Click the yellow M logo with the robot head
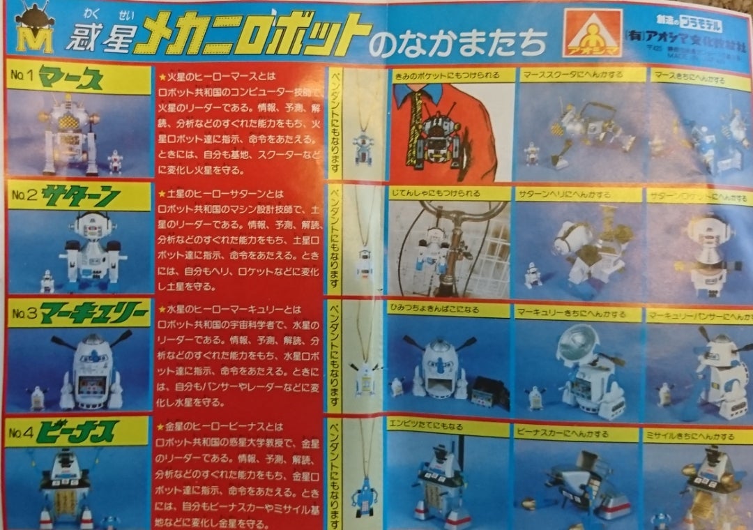pyautogui.click(x=34, y=29)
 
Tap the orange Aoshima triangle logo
pyautogui.click(x=592, y=33)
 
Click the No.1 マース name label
pyautogui.click(x=77, y=77)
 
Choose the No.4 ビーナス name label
pyautogui.click(x=77, y=431)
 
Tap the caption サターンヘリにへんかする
pyautogui.click(x=578, y=194)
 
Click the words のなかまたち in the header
pyautogui.click(x=457, y=43)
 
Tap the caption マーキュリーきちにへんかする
pyautogui.click(x=578, y=314)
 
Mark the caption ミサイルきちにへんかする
pyautogui.click(x=697, y=436)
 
